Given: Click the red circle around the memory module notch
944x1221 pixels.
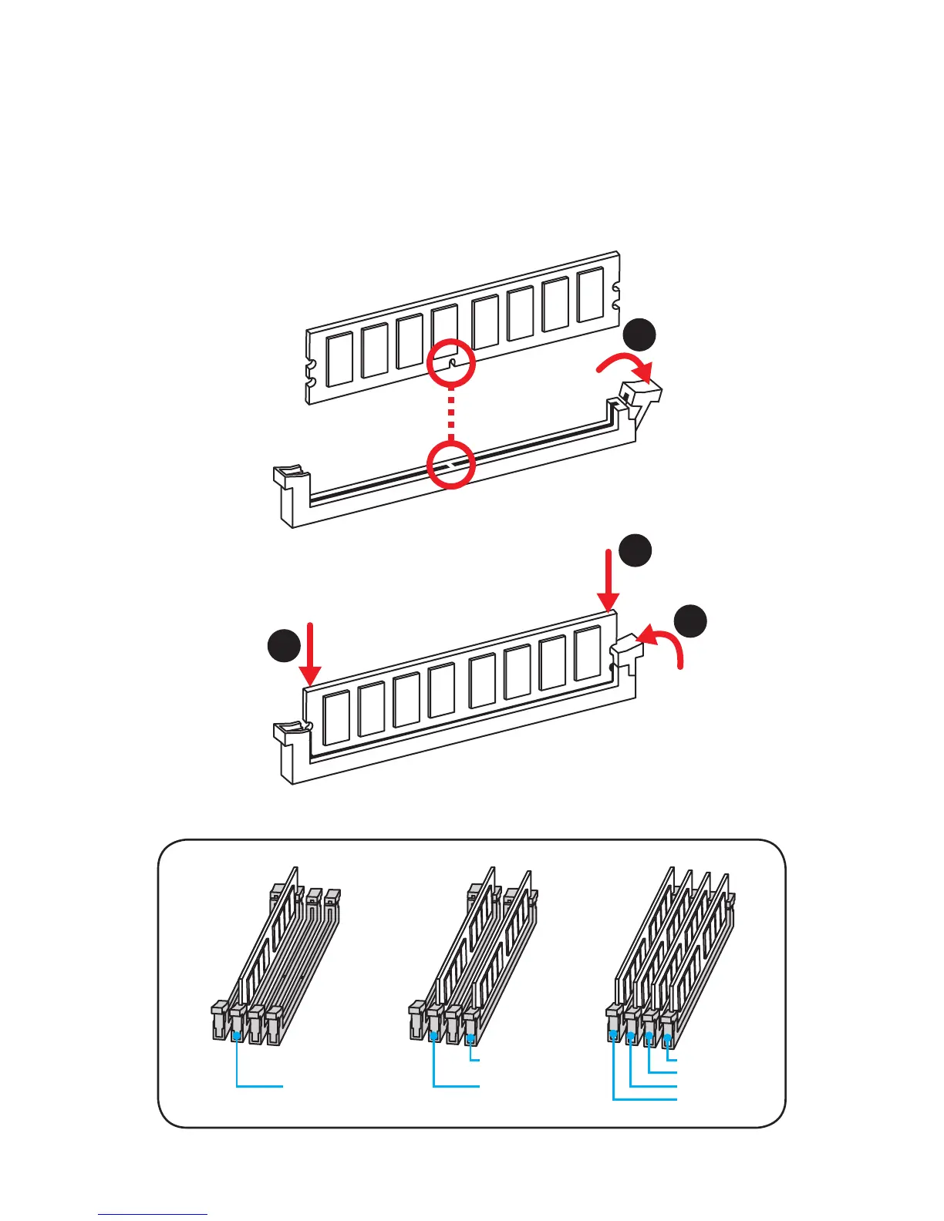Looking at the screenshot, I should (450, 362).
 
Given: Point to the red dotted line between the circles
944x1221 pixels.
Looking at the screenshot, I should (450, 413).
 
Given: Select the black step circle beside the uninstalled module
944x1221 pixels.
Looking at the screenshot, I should (639, 335).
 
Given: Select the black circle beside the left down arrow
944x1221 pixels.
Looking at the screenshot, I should (284, 645).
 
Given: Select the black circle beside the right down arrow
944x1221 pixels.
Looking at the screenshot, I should (636, 550).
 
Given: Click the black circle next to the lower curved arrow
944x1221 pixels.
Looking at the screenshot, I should (690, 621).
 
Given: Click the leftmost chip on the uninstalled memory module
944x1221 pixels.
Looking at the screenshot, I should (339, 359).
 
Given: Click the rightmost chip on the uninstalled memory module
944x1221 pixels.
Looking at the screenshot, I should (590, 294).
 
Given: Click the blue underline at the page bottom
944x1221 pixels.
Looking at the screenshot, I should (153, 1215).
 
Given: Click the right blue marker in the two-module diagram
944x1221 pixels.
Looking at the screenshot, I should (470, 1038).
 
